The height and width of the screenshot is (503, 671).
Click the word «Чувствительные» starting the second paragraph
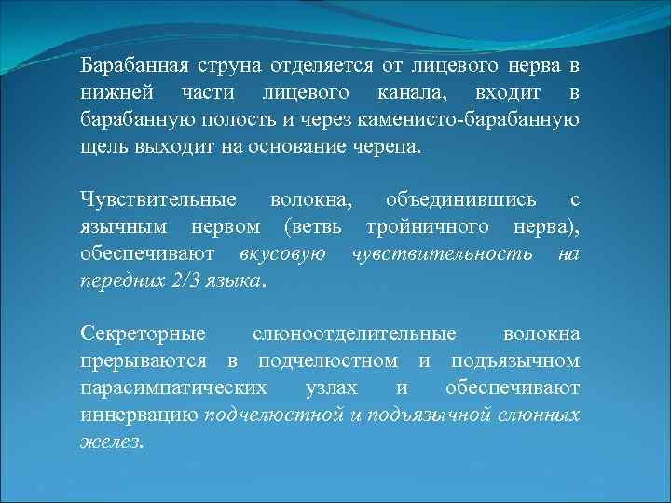148,200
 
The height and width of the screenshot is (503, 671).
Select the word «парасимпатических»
172,387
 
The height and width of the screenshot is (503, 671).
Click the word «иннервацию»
140,414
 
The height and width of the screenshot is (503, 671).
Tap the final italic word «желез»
109,441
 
